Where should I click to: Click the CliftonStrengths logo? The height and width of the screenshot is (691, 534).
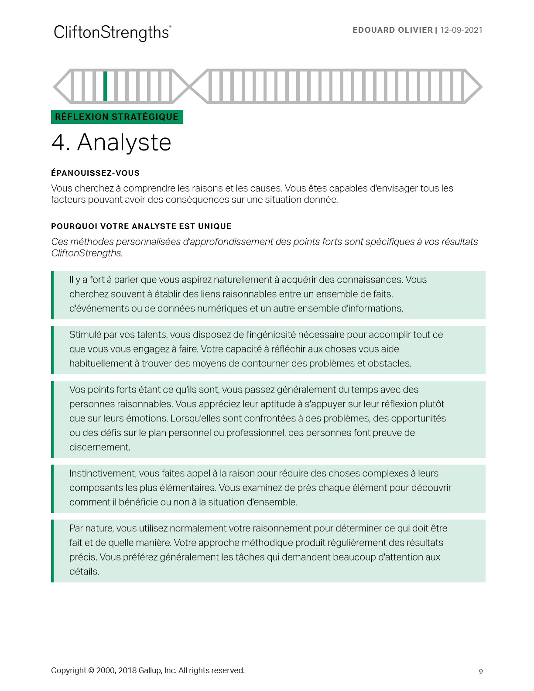112,33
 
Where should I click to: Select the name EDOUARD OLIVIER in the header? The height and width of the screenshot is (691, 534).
392,30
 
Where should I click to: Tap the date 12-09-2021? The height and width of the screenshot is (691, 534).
461,30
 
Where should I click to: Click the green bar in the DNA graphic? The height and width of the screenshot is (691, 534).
105,86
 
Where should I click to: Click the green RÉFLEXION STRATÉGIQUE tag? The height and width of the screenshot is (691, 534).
117,117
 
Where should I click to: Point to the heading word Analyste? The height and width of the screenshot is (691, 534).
124,143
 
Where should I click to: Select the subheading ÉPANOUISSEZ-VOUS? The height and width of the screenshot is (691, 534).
95,173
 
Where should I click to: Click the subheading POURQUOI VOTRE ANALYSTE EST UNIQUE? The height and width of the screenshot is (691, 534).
141,226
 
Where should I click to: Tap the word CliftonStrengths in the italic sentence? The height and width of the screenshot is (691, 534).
86,253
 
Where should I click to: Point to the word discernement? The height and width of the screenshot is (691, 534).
99,447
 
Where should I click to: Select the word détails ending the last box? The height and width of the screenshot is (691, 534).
84,571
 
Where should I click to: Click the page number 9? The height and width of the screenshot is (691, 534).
481,671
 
